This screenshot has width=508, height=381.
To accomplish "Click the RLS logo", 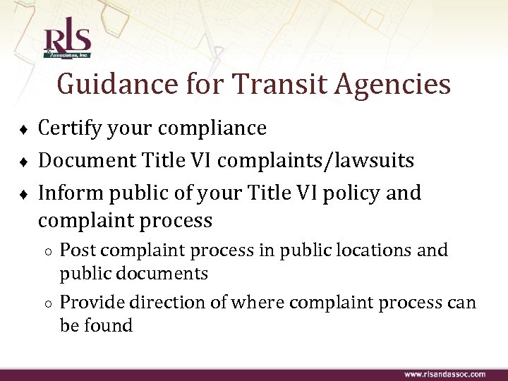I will pyautogui.click(x=67, y=42).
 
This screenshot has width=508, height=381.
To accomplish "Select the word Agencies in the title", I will pyautogui.click(x=389, y=85).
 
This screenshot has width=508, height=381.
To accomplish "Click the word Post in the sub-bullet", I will pyautogui.click(x=75, y=250).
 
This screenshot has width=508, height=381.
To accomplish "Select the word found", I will pyautogui.click(x=109, y=325).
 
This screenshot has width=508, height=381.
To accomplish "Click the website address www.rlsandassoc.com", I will pyautogui.click(x=445, y=374).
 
